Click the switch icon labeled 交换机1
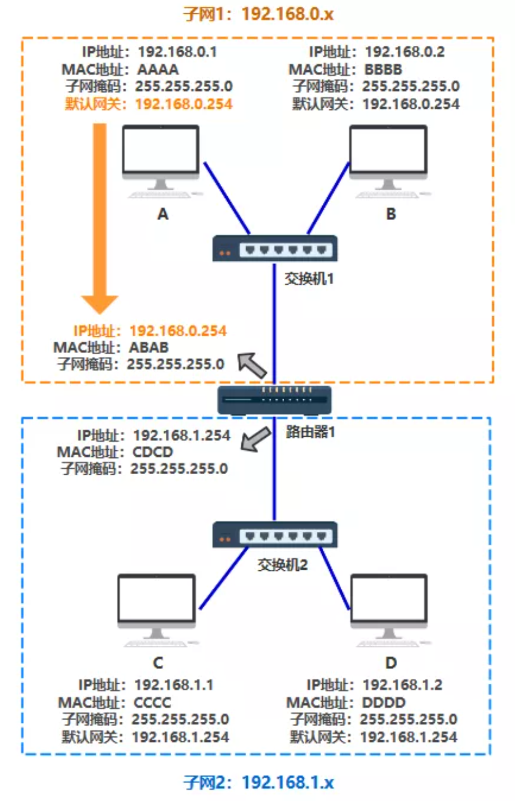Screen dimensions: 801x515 (275, 249)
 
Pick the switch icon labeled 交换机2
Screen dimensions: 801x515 (275, 535)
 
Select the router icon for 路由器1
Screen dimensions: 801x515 (275, 400)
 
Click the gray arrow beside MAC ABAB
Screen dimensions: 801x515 (252, 365)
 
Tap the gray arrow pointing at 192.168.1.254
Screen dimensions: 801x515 (256, 439)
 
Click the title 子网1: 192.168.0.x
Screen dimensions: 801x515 (258, 14)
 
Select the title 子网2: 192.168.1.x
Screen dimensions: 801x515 (258, 782)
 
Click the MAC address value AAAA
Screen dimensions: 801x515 (158, 69)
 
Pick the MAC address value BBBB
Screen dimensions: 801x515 (383, 69)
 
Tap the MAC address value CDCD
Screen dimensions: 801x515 (153, 452)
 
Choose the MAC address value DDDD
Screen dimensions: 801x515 (383, 702)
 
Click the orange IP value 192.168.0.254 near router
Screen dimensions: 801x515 (178, 331)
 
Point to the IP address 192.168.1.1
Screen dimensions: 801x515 (174, 685)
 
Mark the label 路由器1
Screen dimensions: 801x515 (310, 432)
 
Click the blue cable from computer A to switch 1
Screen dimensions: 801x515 (227, 197)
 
